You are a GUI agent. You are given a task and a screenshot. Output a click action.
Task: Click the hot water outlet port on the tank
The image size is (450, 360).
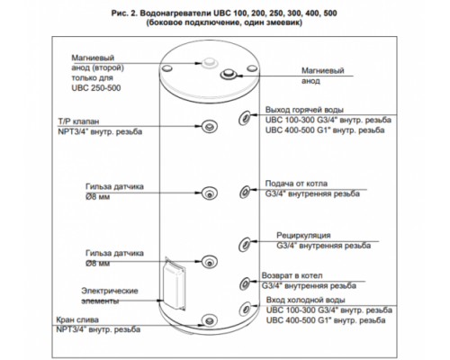pyautogui.click(x=244, y=117)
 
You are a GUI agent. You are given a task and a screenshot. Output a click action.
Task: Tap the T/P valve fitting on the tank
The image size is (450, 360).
pyautogui.click(x=209, y=126)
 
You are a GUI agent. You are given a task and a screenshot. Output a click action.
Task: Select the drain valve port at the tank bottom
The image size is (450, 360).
pyautogui.click(x=209, y=320)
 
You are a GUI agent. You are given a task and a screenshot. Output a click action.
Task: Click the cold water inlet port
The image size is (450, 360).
pyautogui.click(x=245, y=308)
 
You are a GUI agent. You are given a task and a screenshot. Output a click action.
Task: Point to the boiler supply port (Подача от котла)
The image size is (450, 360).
pyautogui.click(x=245, y=192)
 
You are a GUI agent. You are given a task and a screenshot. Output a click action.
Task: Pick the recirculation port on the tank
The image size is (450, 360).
pyautogui.click(x=244, y=244)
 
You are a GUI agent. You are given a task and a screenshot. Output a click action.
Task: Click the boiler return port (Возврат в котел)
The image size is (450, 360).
pyautogui.click(x=245, y=283)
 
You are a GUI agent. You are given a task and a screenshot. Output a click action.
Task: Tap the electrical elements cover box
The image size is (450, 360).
pyautogui.click(x=174, y=284)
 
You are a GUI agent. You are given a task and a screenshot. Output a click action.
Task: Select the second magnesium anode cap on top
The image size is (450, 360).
pyautogui.click(x=209, y=62)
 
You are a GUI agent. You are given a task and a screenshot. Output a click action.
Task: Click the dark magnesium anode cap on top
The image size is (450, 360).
pyautogui.click(x=229, y=74)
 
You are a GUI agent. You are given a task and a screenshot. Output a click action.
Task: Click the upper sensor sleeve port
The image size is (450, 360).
pyautogui.click(x=210, y=193)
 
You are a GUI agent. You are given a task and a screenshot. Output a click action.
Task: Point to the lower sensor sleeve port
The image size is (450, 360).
pyautogui.click(x=209, y=261)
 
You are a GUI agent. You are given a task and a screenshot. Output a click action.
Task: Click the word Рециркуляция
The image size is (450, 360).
pyautogui.click(x=303, y=236)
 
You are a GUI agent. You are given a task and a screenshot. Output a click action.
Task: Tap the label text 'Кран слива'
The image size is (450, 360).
pyautogui.click(x=77, y=319)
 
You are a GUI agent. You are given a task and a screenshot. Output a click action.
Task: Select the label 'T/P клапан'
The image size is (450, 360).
pyautogui.click(x=78, y=121)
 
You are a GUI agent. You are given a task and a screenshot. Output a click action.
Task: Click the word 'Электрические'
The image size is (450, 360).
pyautogui.click(x=110, y=291)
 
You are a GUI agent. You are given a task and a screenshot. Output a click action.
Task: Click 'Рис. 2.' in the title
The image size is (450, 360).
pyautogui.click(x=124, y=13)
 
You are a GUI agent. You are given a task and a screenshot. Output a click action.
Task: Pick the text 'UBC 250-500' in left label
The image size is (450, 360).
pyautogui.click(x=96, y=88)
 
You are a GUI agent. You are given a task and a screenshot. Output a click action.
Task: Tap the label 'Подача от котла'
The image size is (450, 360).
pyautogui.click(x=296, y=184)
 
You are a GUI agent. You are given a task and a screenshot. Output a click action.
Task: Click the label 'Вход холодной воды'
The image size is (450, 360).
pyautogui.click(x=305, y=300)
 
